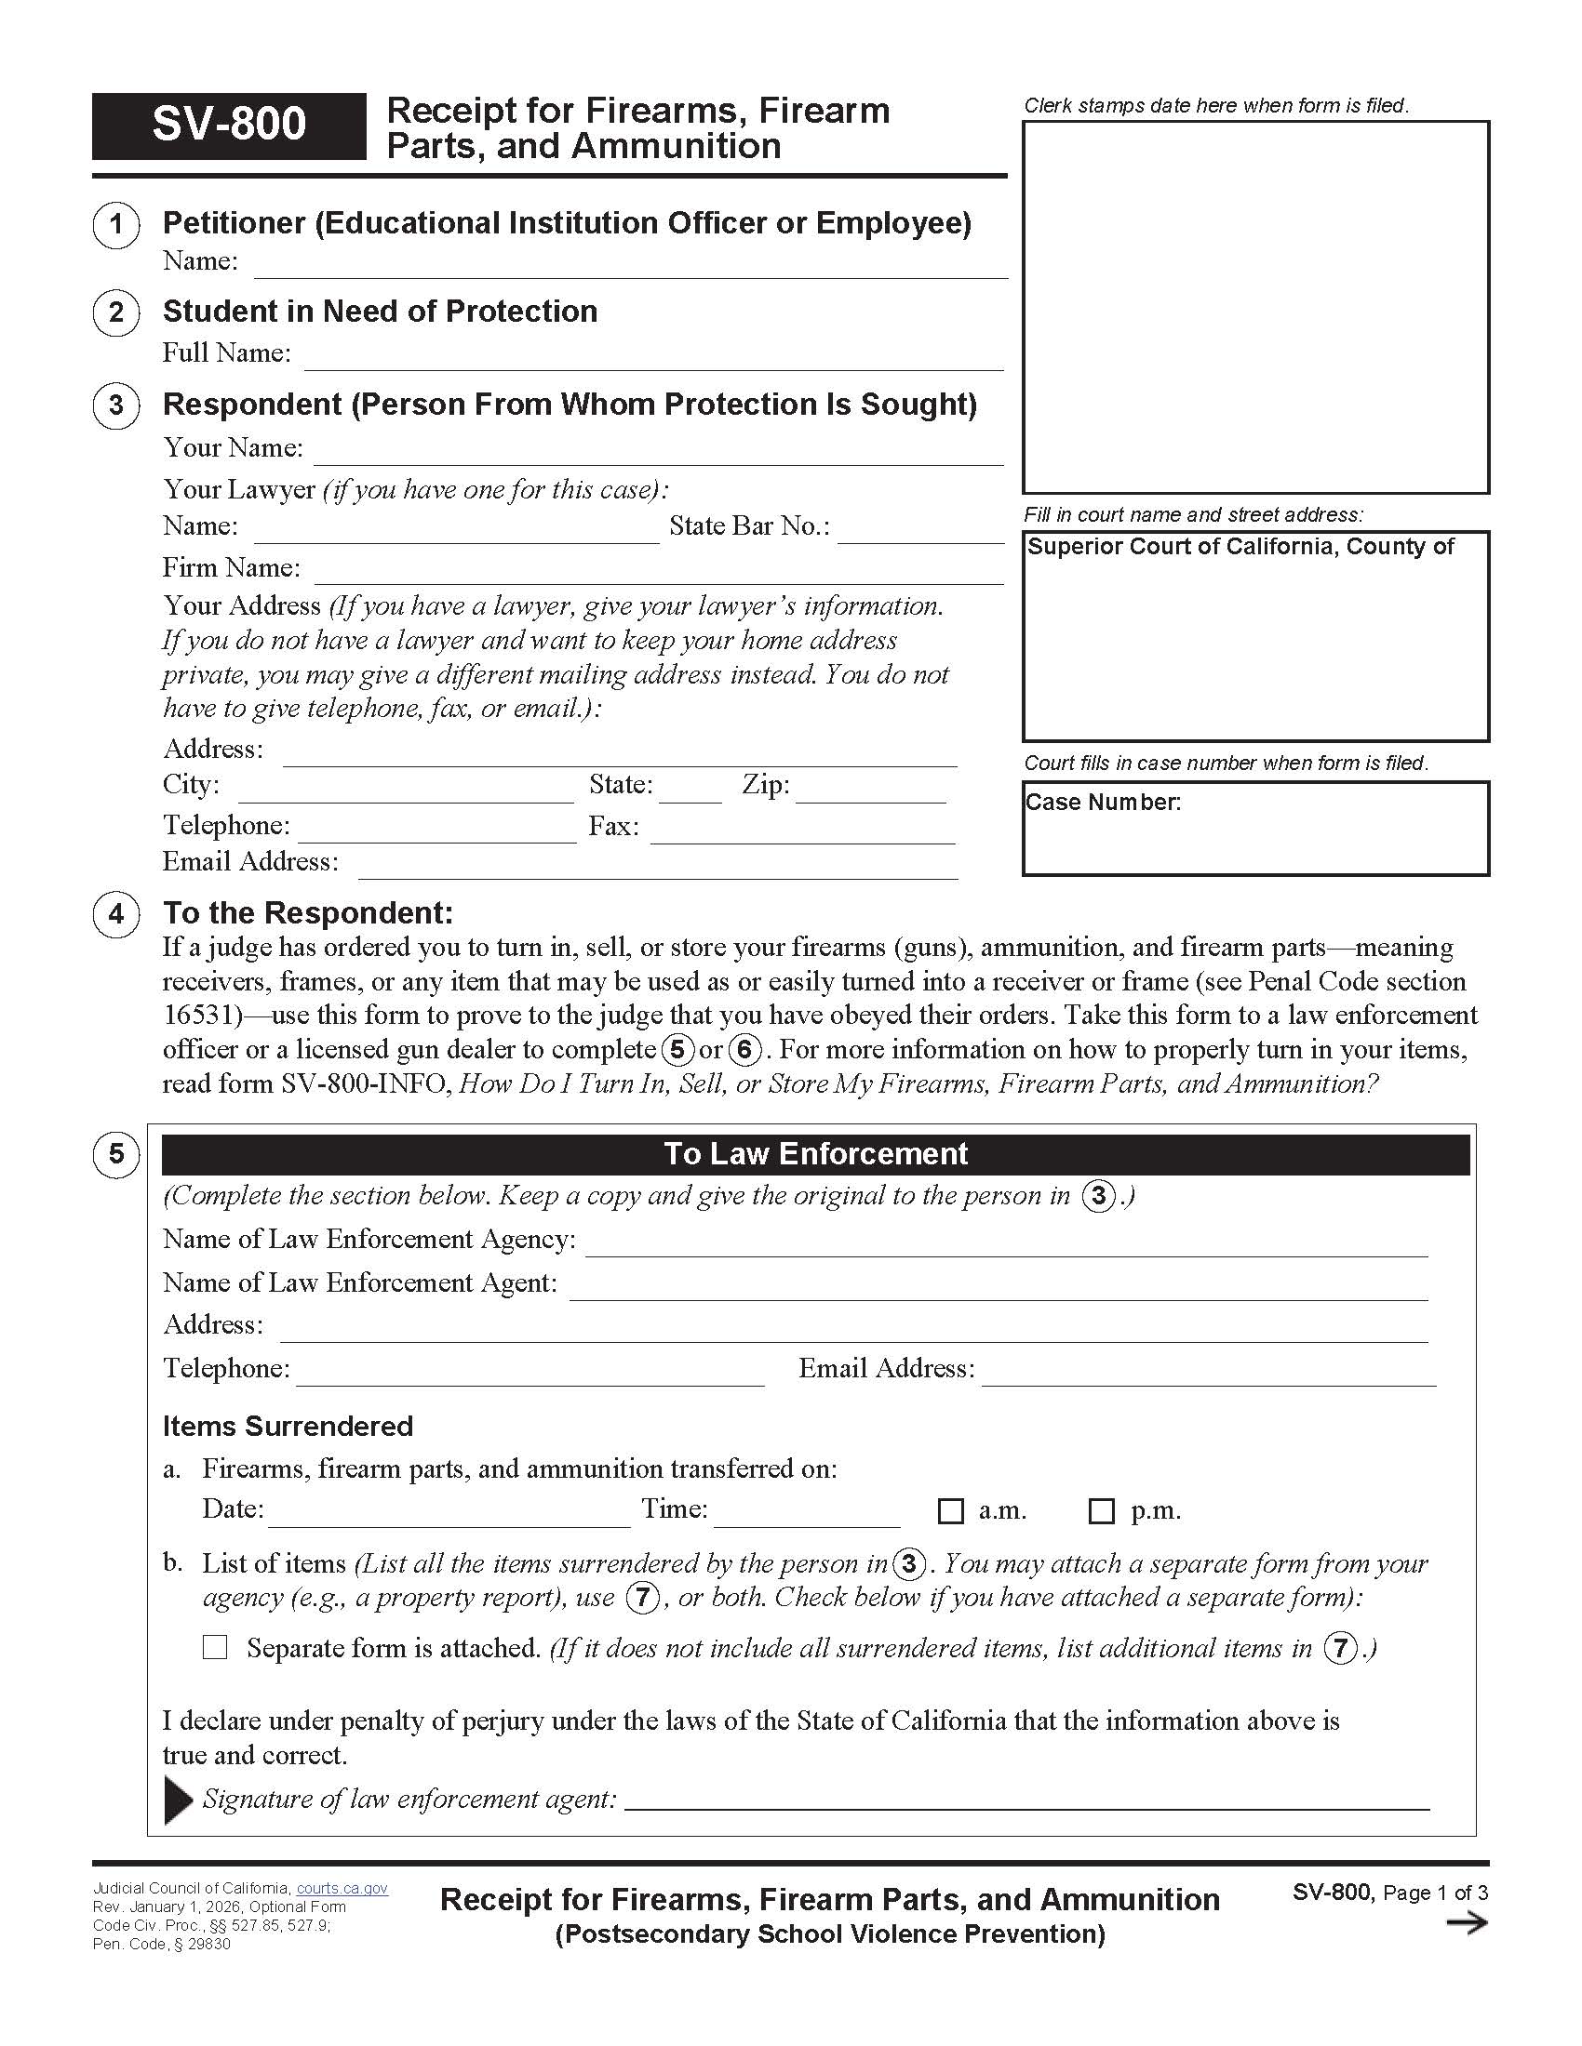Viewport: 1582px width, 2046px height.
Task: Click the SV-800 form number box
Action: [229, 126]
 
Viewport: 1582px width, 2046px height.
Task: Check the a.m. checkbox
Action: [950, 1510]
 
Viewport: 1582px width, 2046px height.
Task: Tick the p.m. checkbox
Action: [1102, 1510]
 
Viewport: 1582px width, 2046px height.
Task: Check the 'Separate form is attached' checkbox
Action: [216, 1647]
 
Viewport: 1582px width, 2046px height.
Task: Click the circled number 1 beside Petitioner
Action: [116, 225]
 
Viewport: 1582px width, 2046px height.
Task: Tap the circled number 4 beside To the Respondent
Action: [116, 913]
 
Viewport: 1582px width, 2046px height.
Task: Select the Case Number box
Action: [1255, 829]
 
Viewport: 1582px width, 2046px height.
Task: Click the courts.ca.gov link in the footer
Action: [342, 1889]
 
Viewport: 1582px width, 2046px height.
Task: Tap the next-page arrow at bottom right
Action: [1467, 1923]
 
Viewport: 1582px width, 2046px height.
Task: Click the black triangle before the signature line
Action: [177, 1800]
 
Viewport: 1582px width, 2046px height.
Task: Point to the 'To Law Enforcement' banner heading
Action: [815, 1154]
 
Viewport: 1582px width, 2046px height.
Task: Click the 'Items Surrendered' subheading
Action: [288, 1426]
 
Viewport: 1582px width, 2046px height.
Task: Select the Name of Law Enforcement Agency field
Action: [1006, 1243]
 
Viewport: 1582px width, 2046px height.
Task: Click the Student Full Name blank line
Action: [653, 357]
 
